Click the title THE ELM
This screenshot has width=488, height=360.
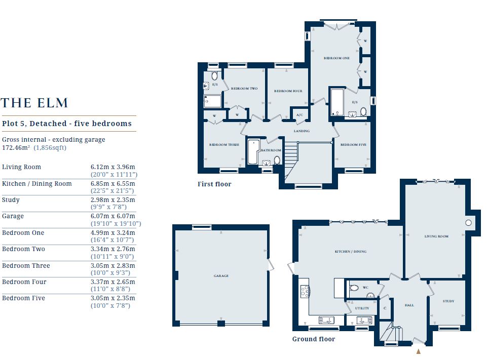point(34,103)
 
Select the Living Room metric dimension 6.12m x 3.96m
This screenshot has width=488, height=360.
point(112,167)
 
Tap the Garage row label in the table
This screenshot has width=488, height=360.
point(13,216)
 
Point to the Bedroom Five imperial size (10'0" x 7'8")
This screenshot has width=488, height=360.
point(110,306)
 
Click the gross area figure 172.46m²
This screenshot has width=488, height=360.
point(16,148)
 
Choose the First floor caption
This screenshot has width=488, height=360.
point(214,184)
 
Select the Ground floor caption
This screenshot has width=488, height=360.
point(313,339)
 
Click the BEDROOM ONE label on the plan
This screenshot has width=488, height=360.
point(336,58)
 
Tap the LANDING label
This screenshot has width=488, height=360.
point(302,131)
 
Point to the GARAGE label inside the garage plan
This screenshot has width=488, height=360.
point(221,276)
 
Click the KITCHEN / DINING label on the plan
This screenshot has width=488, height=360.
point(351,252)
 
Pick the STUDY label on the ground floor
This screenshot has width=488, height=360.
point(448,301)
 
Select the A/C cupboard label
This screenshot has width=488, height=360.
point(299,115)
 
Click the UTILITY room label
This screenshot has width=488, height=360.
point(362,308)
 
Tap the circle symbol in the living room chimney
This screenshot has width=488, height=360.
point(468,223)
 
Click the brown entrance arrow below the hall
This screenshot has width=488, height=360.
point(418,351)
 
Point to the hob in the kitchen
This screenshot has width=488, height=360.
point(305,292)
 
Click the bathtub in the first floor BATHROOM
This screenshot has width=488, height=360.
point(253,152)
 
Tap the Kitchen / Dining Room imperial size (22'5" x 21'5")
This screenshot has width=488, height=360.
point(112,190)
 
